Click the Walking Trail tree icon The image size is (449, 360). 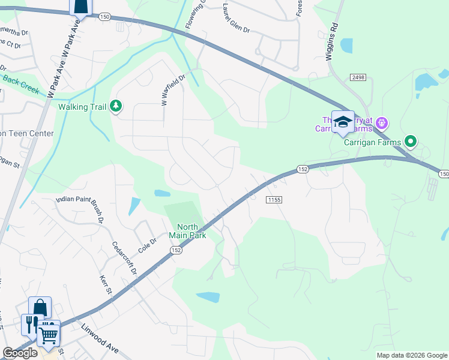pos(116,107)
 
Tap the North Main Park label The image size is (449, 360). pos(191,231)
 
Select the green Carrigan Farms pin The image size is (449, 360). pos(411,142)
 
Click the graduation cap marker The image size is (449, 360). pos(343,122)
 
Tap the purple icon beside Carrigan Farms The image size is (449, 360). pos(382,124)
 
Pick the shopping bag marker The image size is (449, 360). pos(40,308)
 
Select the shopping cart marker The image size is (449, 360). pos(49,333)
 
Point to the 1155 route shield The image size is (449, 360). pos(273,199)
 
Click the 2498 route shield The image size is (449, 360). pos(358,77)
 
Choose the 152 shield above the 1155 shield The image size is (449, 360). pos(303,170)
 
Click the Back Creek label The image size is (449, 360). pos(20,85)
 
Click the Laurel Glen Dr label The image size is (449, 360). pos(236,14)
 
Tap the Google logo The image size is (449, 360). pos(20,353)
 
